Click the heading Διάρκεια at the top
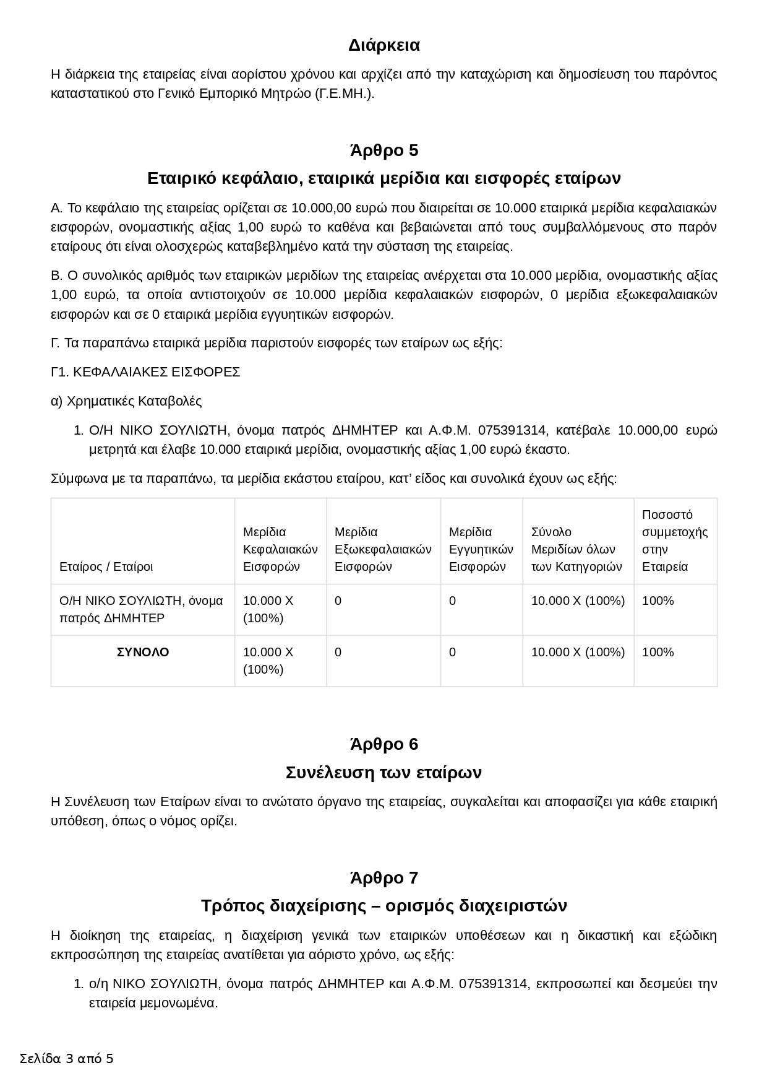[383, 45]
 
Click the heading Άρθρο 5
[383, 150]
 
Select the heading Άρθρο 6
[383, 744]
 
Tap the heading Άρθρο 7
[383, 878]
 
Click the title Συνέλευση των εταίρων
[383, 773]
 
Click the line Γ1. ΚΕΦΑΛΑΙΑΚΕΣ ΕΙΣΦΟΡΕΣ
[145, 372]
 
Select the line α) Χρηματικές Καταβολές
[126, 401]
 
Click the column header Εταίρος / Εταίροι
[106, 567]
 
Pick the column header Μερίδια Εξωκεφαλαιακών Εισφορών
[382, 549]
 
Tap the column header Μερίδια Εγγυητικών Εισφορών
[481, 549]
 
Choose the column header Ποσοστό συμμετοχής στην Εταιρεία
[674, 541]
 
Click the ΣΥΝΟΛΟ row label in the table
[143, 653]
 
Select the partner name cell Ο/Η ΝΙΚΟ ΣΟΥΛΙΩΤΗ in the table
[141, 609]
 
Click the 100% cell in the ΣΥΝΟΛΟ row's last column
[658, 653]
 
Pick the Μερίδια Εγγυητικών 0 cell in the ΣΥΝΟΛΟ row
[453, 653]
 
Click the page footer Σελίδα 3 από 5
[67, 1059]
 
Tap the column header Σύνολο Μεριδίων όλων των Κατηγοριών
[576, 549]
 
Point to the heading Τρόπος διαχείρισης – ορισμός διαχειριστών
[383, 906]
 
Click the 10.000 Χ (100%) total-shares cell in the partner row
[578, 601]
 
